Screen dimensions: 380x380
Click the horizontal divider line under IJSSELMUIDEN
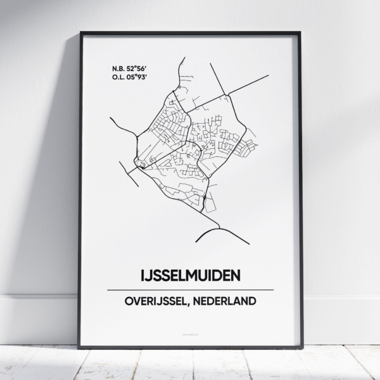click(x=190, y=289)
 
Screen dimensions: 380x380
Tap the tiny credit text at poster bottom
click(x=190, y=329)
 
